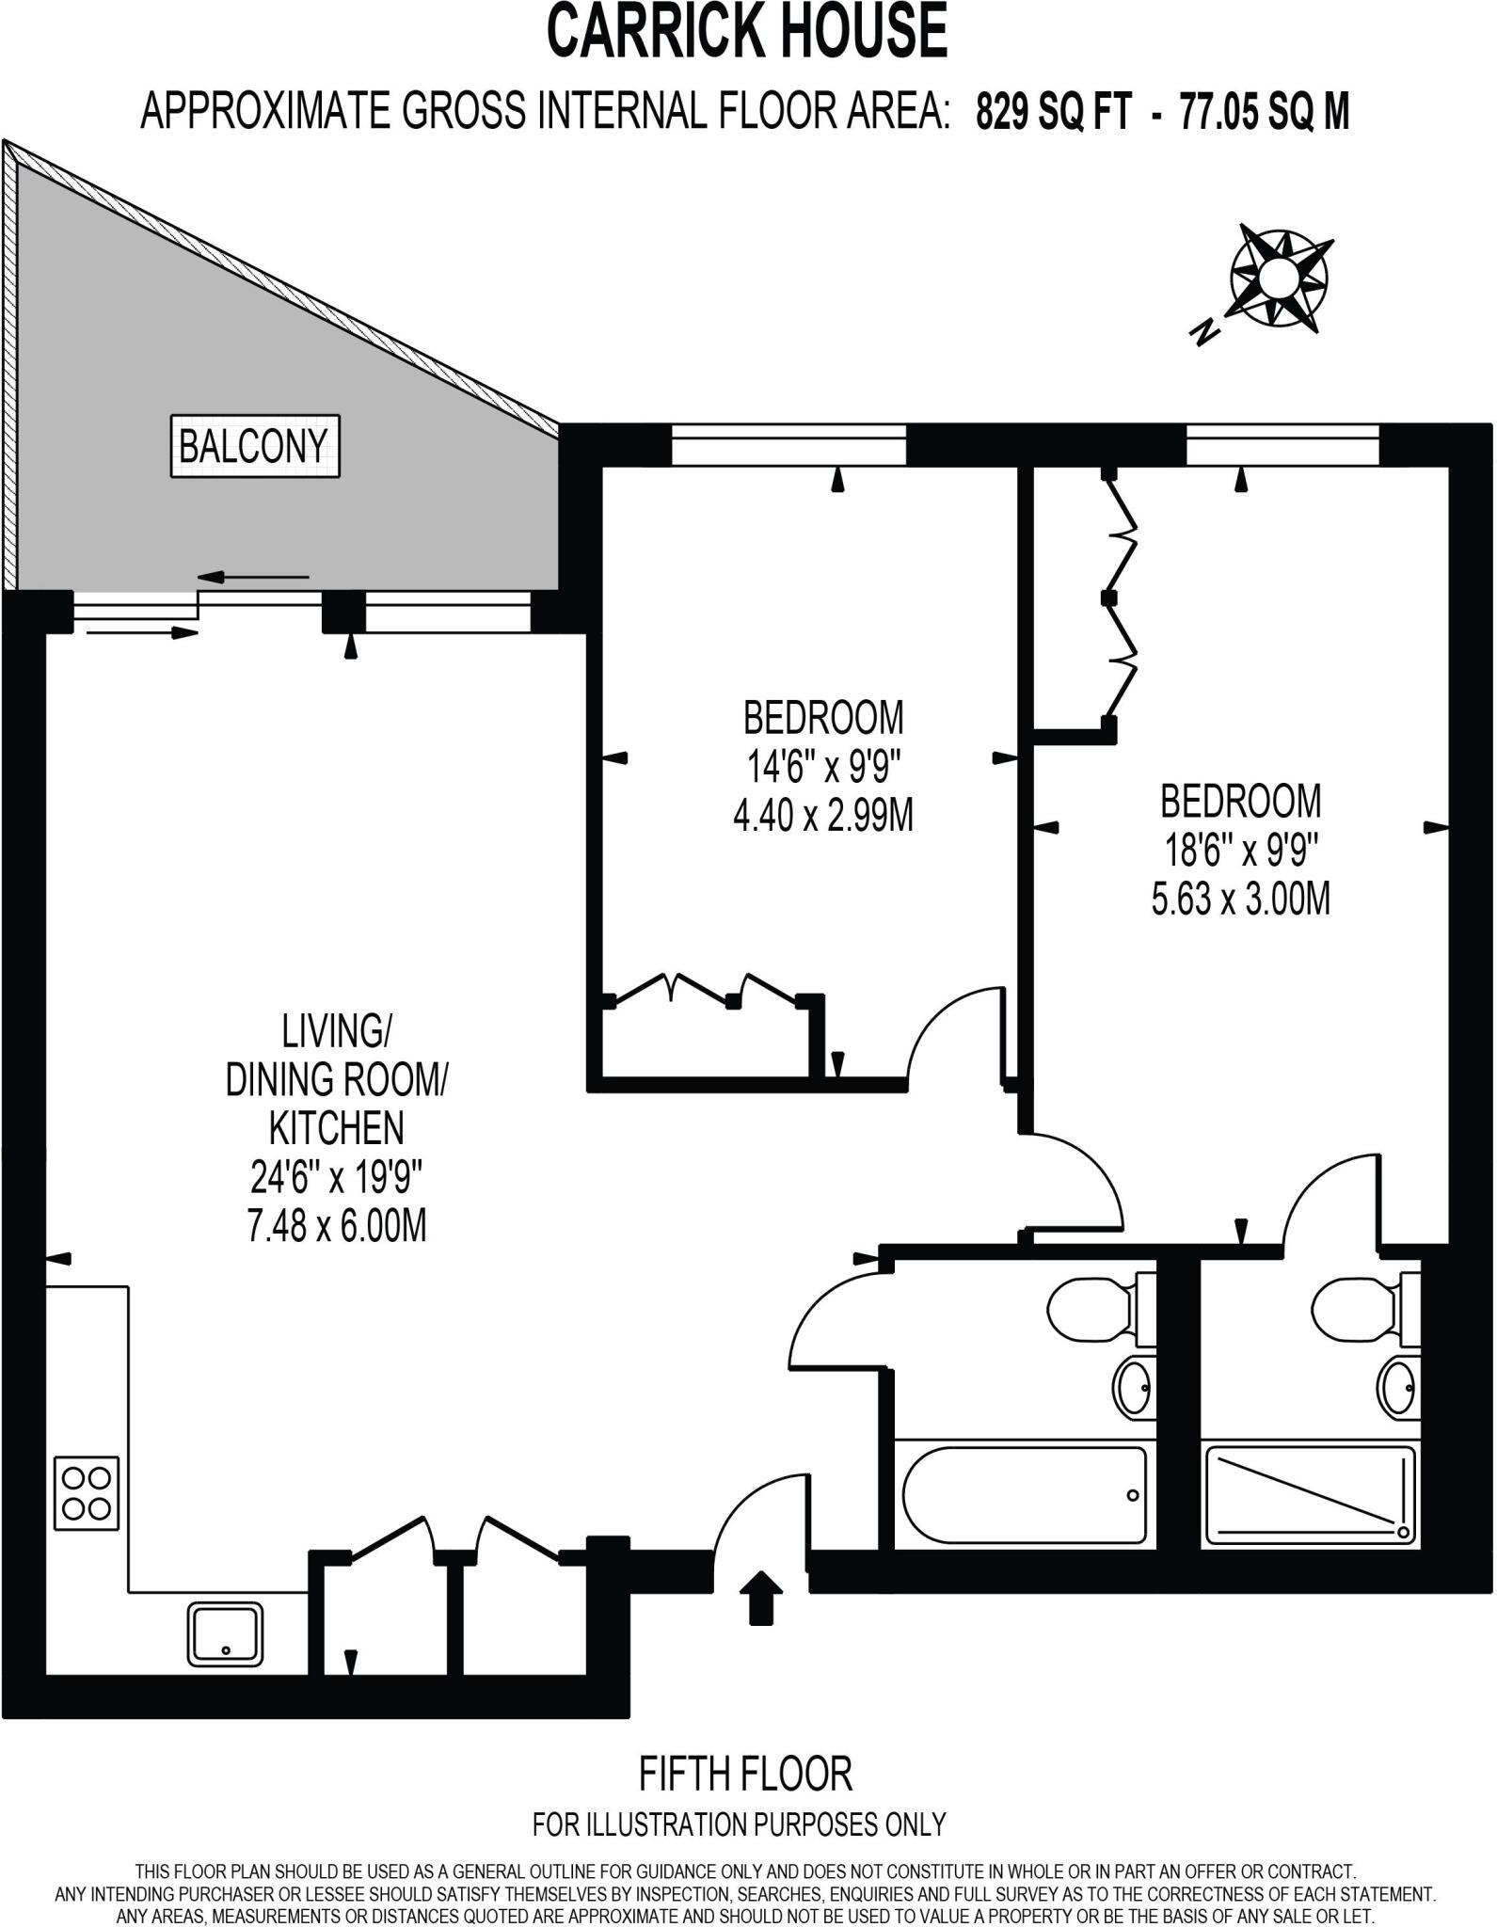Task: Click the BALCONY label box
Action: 254,446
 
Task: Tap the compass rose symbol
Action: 1279,278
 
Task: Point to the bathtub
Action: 1024,1495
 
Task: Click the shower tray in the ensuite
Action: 1310,1495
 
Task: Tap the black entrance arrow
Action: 760,1596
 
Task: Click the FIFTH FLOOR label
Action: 745,1776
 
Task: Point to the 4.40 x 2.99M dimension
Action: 823,816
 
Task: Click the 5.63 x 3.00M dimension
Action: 1241,900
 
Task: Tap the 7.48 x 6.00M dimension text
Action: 336,1227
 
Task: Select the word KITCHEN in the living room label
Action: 336,1127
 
